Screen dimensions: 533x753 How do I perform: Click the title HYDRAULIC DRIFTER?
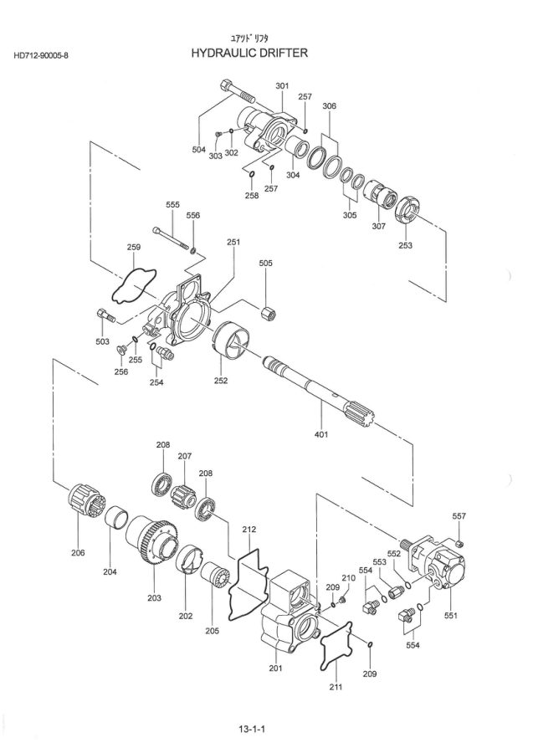click(x=249, y=53)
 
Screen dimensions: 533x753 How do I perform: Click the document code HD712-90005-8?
click(x=41, y=56)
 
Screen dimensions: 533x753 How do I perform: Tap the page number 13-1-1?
click(x=252, y=730)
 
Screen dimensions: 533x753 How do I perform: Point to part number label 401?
click(x=321, y=434)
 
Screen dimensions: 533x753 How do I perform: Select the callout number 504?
click(x=199, y=150)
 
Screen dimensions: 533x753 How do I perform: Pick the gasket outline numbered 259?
click(x=135, y=285)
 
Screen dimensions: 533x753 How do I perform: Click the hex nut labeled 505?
click(x=268, y=314)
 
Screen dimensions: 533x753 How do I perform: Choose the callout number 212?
click(x=249, y=530)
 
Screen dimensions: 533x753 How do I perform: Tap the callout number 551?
click(x=451, y=616)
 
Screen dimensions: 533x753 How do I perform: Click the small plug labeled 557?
click(x=459, y=543)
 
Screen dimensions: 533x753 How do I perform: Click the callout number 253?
click(x=405, y=245)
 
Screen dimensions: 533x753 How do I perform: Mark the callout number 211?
click(x=336, y=687)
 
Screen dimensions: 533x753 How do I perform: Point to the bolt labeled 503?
click(x=105, y=315)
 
